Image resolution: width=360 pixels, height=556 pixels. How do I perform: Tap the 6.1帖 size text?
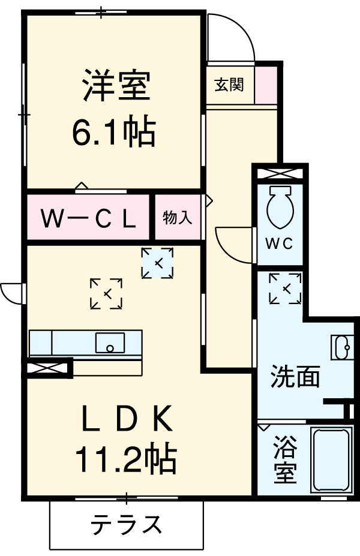(x=114, y=132)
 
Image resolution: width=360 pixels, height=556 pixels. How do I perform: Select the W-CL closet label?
(x=88, y=218)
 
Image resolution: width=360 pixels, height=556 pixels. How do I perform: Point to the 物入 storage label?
(x=178, y=218)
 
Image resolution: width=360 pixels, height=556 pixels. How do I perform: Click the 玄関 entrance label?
(x=229, y=85)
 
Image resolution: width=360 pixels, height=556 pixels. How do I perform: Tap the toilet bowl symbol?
(x=280, y=208)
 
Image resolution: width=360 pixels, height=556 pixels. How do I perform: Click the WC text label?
(x=278, y=244)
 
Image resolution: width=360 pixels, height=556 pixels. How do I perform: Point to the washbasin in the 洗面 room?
(x=341, y=346)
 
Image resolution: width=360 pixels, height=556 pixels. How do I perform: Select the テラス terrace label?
(x=127, y=525)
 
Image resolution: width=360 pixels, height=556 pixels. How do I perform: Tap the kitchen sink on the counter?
(x=109, y=343)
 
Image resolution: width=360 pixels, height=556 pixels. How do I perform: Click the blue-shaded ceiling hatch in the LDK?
(x=157, y=263)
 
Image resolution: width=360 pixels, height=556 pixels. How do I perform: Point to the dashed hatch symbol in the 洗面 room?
(x=285, y=288)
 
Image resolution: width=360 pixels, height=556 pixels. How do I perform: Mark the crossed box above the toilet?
(x=280, y=173)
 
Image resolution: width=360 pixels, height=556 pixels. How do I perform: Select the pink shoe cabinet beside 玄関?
(x=266, y=85)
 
